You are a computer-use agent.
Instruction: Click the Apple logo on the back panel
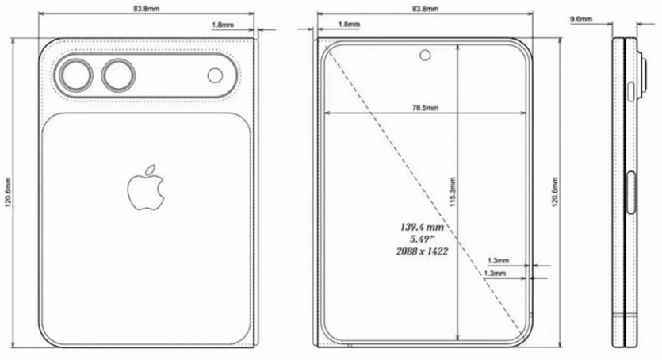[147, 188]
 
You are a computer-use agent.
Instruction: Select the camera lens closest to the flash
[120, 76]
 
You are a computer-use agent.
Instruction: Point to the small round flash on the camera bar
[216, 75]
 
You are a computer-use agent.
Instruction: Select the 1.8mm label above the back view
[222, 25]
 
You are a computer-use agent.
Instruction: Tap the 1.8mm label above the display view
[348, 25]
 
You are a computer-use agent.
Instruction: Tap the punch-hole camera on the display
[426, 55]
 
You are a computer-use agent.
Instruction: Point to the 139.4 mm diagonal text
[421, 226]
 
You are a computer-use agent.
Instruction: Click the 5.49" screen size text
[421, 239]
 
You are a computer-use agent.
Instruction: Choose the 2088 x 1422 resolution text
[421, 251]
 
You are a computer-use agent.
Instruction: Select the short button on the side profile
[631, 92]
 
